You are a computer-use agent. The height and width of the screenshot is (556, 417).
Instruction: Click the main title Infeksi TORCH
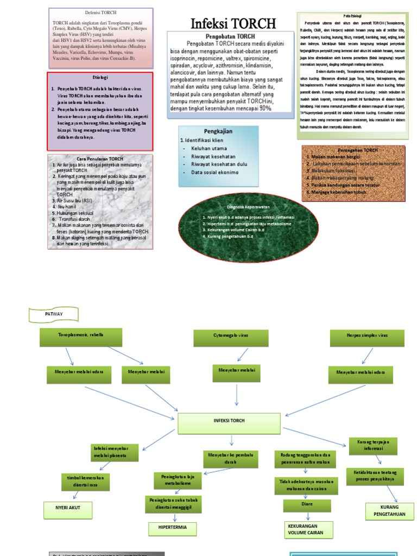click(x=233, y=23)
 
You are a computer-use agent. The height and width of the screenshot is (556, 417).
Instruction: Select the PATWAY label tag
click(x=54, y=314)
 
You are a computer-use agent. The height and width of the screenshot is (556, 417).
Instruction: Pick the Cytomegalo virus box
click(x=230, y=337)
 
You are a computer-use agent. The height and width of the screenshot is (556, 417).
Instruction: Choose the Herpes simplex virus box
click(x=360, y=337)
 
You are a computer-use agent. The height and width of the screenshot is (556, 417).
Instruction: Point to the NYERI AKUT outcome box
click(x=68, y=510)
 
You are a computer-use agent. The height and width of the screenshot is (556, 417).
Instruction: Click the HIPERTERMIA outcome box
click(x=173, y=528)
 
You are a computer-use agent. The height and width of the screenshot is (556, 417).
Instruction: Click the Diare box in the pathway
click(x=307, y=506)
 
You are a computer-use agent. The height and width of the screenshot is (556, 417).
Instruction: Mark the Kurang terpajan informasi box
click(x=372, y=446)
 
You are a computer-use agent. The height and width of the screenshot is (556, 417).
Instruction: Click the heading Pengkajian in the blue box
click(x=218, y=131)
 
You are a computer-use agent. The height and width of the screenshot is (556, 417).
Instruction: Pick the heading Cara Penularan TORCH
click(x=100, y=159)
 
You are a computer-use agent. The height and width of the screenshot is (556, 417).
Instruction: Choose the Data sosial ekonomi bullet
click(x=214, y=173)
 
